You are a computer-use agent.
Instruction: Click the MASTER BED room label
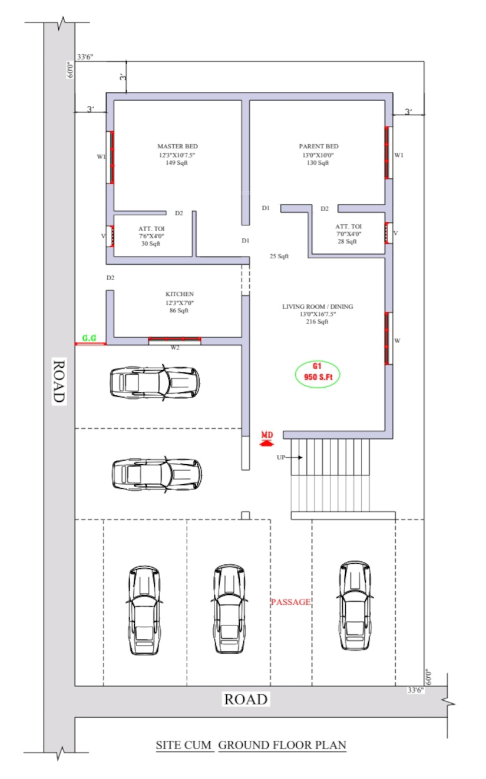[177, 147]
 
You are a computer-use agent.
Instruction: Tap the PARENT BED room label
[319, 147]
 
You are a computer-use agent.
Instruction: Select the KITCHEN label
[180, 294]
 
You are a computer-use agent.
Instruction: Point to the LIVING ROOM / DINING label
[318, 307]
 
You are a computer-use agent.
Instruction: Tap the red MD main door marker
[267, 439]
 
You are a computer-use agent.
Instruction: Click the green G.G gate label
[89, 338]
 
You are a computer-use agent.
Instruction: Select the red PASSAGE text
[290, 602]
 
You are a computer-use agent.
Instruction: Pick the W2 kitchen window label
[175, 347]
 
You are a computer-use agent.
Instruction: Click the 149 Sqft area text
[177, 163]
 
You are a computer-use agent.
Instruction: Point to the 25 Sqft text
[279, 257]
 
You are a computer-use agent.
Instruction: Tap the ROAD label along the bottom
[246, 700]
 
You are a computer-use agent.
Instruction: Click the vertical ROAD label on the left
[59, 381]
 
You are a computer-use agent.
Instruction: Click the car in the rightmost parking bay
[355, 605]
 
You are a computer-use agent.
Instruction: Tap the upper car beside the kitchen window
[155, 382]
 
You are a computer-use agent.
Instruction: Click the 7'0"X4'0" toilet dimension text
[349, 234]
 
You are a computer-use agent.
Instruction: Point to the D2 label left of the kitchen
[110, 278]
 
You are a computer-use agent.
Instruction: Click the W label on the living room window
[397, 341]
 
